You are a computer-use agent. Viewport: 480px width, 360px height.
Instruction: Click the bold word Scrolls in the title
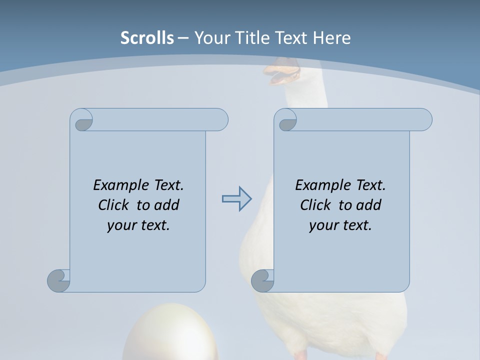(x=147, y=38)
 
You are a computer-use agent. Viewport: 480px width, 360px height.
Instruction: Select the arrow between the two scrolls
(x=236, y=199)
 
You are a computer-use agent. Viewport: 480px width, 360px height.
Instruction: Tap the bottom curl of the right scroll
(x=262, y=281)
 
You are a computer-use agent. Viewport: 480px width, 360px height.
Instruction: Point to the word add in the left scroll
(x=166, y=205)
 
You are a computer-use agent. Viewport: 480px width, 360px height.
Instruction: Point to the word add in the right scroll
(x=368, y=205)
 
